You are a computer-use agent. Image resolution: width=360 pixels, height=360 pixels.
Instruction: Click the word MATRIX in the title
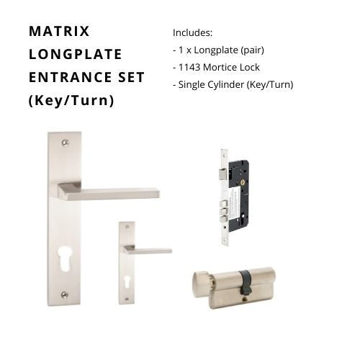tap(59, 31)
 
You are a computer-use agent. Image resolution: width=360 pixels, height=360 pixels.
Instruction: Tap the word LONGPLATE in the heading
tap(75, 54)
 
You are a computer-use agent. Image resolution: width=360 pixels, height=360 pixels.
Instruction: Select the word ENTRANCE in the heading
tap(70, 77)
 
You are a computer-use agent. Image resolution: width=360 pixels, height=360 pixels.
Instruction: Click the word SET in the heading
tap(131, 77)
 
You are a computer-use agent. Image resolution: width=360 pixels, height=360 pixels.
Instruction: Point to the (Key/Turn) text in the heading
tap(71, 100)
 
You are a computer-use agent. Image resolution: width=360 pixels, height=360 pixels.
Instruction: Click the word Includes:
tap(192, 33)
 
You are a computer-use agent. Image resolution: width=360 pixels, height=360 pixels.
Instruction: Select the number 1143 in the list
tap(189, 68)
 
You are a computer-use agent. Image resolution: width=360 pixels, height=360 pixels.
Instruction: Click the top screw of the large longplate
tap(64, 143)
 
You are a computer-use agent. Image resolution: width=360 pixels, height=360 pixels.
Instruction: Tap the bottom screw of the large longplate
tap(64, 295)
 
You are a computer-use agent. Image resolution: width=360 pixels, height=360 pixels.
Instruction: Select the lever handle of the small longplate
tap(148, 250)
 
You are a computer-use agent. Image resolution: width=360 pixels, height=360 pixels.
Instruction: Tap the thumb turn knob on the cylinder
tap(201, 281)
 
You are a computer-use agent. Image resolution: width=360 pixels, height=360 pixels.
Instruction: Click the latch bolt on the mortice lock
tap(223, 174)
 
